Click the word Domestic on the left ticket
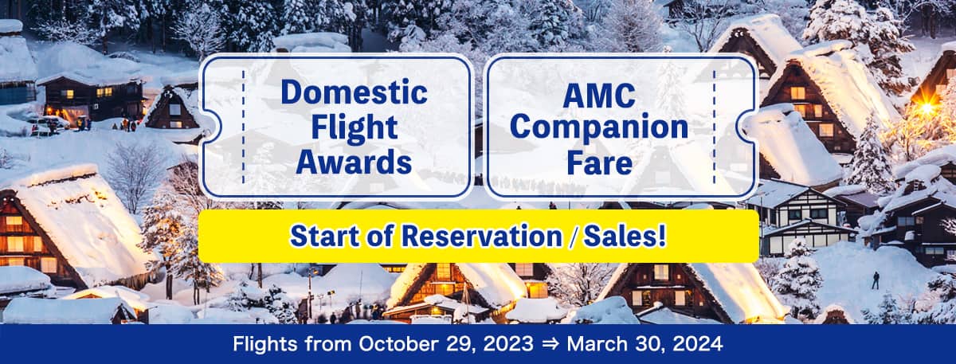(x=354, y=92)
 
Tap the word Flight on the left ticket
(x=354, y=127)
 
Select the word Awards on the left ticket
(x=354, y=161)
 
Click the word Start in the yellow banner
(x=323, y=236)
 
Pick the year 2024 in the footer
(x=702, y=346)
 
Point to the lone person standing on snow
(x=876, y=280)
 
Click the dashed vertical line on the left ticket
(x=243, y=126)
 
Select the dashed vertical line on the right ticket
(x=714, y=126)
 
